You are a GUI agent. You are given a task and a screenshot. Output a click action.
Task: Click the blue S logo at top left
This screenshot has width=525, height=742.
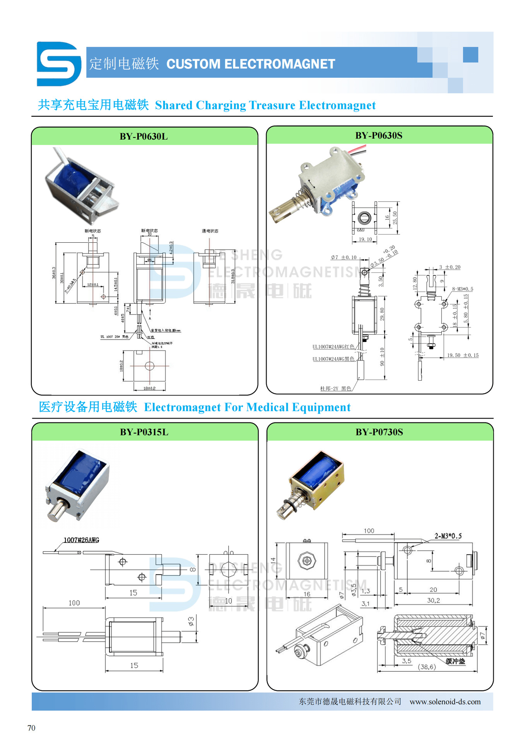pos(59,64)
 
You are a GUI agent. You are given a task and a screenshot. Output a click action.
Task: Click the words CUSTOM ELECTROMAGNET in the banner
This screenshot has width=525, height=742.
pos(250,64)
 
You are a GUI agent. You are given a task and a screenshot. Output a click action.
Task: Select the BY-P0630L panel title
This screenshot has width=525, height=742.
pos(144,136)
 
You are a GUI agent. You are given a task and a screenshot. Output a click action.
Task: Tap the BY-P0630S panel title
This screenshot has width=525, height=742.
pos(378,136)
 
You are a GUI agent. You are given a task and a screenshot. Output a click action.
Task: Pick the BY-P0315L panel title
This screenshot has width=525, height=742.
pos(144,432)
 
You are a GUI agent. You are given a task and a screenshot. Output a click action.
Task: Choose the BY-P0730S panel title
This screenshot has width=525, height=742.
pos(379,432)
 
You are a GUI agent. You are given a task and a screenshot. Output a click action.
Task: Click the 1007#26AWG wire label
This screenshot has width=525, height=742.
pos(81,540)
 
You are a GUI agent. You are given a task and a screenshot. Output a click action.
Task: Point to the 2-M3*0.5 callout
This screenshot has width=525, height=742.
pos(448,536)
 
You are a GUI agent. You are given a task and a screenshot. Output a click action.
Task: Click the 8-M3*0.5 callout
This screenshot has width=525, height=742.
pos(462,289)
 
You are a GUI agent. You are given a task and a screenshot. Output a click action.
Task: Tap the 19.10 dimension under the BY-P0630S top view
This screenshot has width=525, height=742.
pos(365,240)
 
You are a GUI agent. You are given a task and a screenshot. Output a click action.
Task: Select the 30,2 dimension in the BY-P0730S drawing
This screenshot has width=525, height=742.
pos(433,601)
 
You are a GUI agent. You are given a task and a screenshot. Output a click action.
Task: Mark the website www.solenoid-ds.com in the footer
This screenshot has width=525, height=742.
pos(445,701)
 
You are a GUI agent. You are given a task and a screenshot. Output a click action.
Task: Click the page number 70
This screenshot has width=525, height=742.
pos(31,728)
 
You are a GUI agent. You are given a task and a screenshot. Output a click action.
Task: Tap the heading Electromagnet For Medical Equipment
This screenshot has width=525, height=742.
pos(247,407)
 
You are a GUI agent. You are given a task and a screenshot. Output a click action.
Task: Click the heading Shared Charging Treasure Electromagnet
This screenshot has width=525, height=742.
pos(265,105)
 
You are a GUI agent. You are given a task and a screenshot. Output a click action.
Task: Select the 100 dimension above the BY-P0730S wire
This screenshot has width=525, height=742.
pos(369,531)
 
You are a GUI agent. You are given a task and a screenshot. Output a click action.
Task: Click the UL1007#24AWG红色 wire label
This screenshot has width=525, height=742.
pos(333,347)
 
